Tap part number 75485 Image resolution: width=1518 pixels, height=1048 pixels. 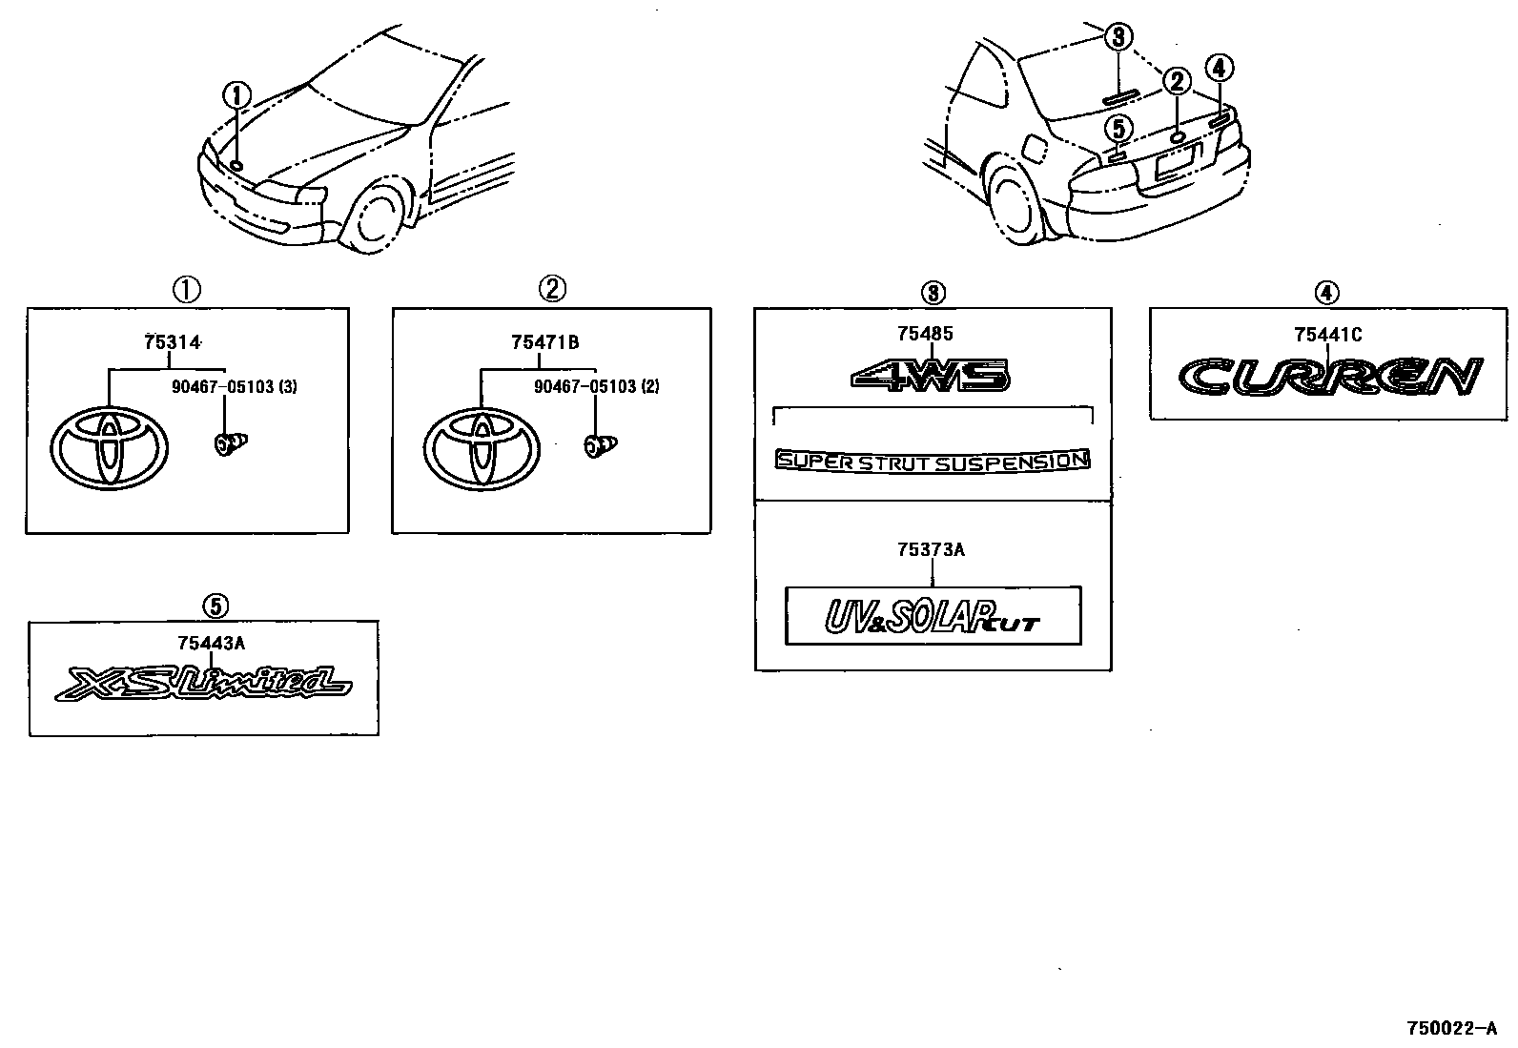pos(924,334)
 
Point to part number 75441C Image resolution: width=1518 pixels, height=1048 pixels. pos(1327,334)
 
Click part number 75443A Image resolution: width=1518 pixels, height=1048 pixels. pos(211,644)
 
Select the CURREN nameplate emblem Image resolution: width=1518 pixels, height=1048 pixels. pos(1329,377)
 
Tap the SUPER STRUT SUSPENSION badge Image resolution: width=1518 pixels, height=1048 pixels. pos(933,462)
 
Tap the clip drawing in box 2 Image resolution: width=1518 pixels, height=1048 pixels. pos(600,444)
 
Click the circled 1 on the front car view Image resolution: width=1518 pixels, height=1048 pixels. pos(236,95)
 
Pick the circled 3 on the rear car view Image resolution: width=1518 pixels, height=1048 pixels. pos(1118,37)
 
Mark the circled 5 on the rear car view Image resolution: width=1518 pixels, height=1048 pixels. pos(1119,127)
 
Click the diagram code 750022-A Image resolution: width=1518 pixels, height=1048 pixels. pos(1451,1029)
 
